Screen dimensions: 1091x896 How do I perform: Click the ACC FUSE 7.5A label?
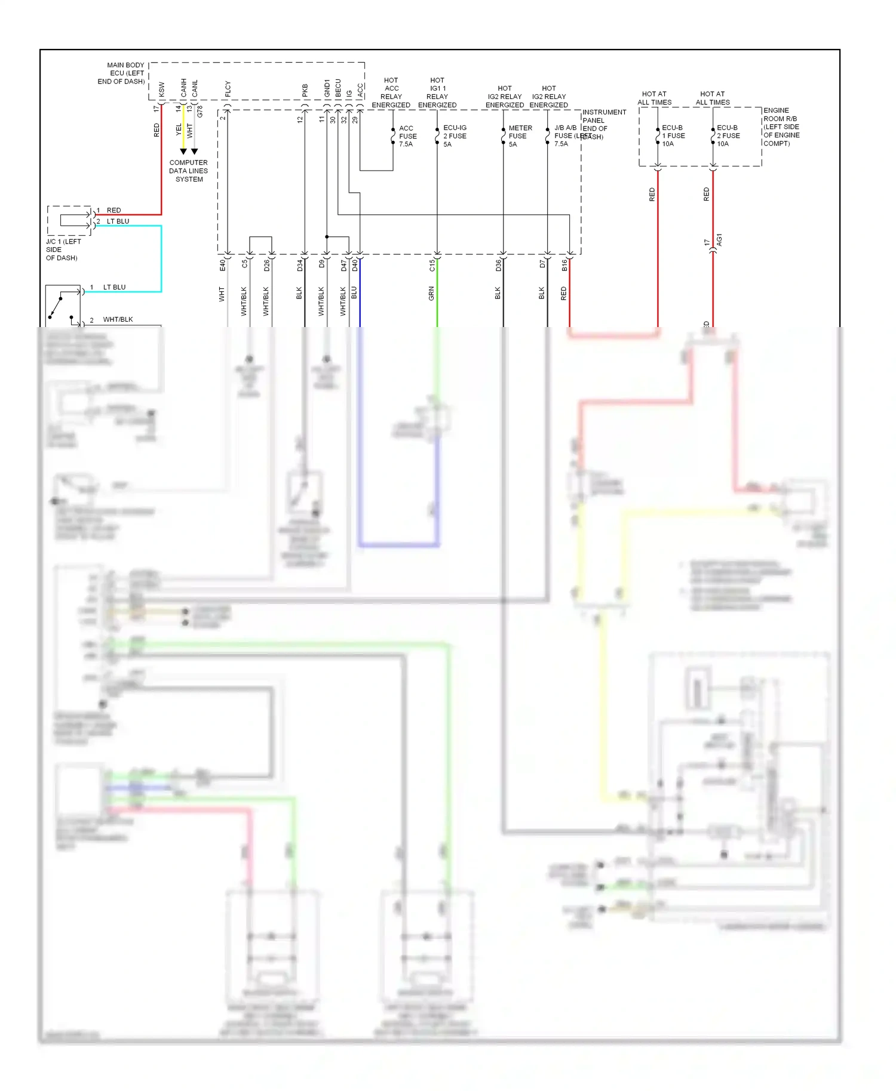407,136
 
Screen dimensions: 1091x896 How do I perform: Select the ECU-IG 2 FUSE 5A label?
455,136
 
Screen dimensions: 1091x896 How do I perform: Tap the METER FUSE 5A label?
520,136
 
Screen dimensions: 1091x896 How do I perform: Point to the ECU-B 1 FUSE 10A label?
673,136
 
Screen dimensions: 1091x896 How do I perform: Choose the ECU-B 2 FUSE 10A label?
728,136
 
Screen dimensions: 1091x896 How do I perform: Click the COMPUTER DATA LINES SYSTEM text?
189,171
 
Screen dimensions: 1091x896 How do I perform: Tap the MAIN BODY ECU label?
123,73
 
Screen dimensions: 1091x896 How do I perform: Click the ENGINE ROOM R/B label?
781,127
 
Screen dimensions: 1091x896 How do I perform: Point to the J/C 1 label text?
62,249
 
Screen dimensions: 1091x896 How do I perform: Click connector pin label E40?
223,265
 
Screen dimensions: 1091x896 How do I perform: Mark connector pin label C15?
432,265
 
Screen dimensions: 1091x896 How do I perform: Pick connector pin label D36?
498,265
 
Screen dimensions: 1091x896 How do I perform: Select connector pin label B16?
564,265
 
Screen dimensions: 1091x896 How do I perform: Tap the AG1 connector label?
719,239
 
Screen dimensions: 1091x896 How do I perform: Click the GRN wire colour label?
431,293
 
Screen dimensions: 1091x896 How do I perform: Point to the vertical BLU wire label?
354,292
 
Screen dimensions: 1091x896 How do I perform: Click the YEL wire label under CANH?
179,129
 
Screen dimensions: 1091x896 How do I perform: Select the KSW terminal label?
161,90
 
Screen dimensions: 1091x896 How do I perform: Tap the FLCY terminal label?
228,90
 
